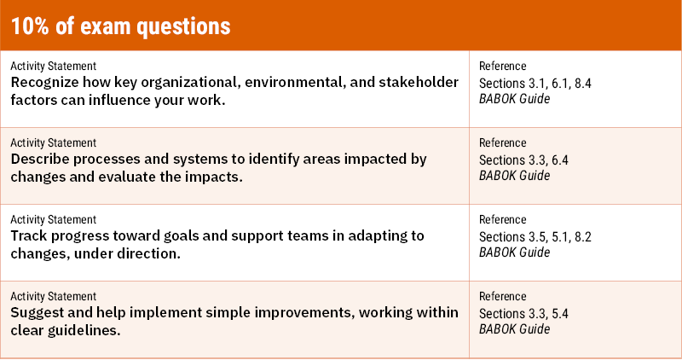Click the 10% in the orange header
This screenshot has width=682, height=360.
31,26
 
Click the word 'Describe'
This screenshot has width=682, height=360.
42,159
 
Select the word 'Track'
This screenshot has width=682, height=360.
30,235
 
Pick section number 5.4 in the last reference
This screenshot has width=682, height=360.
558,313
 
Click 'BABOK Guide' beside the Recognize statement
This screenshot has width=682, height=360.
514,98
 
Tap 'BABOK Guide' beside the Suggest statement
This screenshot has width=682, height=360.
514,329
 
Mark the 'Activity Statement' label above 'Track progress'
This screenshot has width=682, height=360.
53,220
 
